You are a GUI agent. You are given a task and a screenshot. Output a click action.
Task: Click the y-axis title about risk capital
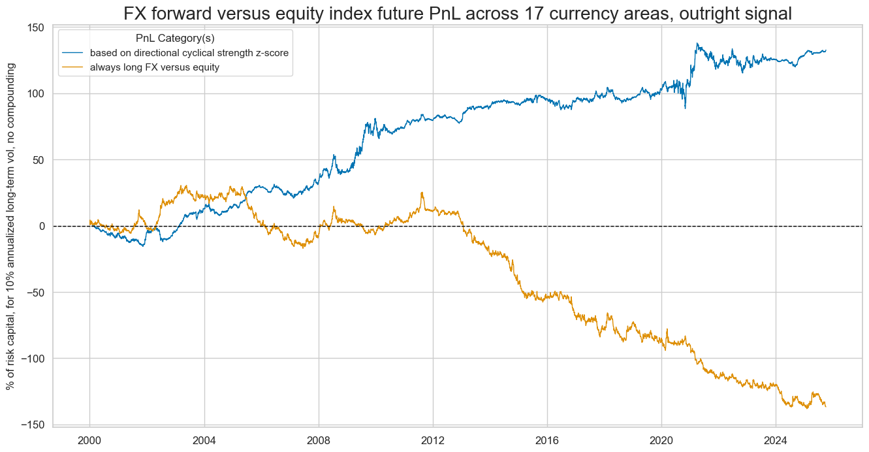[x=11, y=225]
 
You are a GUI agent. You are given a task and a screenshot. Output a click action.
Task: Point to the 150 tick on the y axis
[x=38, y=27]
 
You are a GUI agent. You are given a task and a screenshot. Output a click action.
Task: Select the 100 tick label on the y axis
[x=38, y=93]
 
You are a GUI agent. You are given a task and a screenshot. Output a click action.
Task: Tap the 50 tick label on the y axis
[x=40, y=160]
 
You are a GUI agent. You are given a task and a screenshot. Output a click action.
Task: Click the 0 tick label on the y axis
[x=43, y=226]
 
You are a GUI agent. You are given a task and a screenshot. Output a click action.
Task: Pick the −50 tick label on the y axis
[x=37, y=292]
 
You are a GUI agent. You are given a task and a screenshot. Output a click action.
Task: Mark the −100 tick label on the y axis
[x=35, y=359]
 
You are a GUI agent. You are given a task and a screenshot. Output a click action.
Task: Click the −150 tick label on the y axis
[x=35, y=425]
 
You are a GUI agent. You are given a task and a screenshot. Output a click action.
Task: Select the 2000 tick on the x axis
[x=89, y=438]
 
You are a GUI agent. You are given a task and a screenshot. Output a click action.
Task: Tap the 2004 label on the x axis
[x=204, y=438]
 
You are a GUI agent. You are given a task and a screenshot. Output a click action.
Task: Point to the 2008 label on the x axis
[x=319, y=438]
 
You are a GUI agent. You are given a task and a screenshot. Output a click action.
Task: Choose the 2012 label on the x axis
[x=433, y=438]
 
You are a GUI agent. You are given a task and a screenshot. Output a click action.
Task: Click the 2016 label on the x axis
[x=547, y=438]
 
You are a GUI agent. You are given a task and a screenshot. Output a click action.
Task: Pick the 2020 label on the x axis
[x=661, y=438]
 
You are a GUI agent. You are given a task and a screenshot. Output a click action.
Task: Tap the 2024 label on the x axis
[x=776, y=438]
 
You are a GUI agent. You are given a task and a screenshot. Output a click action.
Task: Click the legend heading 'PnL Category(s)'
[x=175, y=39]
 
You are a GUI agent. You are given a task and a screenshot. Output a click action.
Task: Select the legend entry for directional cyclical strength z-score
[x=189, y=53]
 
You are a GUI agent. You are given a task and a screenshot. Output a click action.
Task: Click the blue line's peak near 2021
[x=697, y=44]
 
